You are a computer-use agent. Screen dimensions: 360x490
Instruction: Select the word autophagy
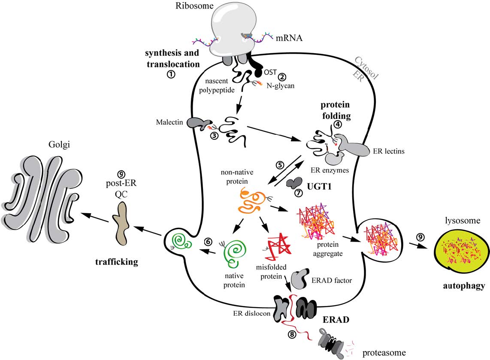point(463,285)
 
